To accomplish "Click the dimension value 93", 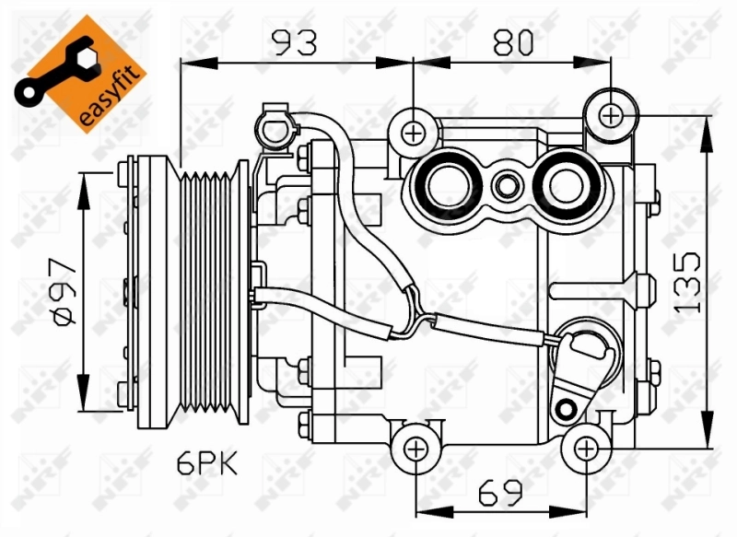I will (x=293, y=41).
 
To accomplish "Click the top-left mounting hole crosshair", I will (x=414, y=134).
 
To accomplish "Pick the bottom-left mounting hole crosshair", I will (x=415, y=449).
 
